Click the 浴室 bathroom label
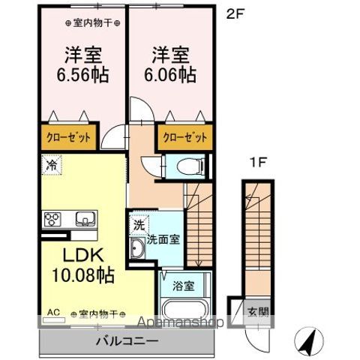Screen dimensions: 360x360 [x=184, y=285]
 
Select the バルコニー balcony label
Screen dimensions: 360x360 [x=126, y=341]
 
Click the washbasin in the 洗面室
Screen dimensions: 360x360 [x=139, y=249]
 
